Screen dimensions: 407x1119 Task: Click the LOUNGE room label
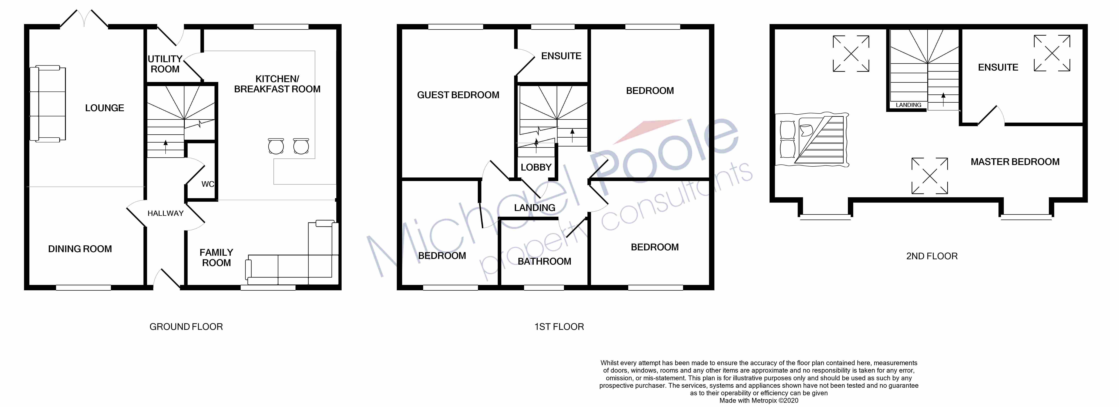tap(104, 108)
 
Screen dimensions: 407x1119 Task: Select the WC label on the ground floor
tap(208, 184)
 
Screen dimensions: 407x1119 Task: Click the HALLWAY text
tap(166, 213)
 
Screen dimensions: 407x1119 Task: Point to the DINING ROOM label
tap(80, 249)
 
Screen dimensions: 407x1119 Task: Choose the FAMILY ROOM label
tap(216, 257)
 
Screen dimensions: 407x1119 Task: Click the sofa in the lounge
tap(48, 104)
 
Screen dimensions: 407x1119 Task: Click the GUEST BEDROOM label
tap(458, 95)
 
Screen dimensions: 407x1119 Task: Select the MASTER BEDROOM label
tap(1015, 162)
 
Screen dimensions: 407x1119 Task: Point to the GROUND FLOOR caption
tap(186, 327)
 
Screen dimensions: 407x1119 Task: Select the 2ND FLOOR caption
tap(932, 256)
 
